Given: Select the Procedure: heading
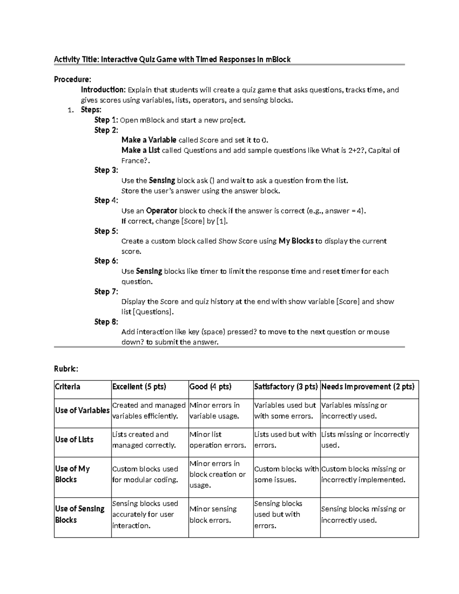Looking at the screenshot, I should pos(72,80).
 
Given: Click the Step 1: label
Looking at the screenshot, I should pos(106,120).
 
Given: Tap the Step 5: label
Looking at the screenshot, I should pos(106,231).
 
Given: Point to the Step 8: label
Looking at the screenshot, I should pos(106,322).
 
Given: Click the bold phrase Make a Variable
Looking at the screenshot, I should pos(149,140).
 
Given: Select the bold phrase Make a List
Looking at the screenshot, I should pos(140,150).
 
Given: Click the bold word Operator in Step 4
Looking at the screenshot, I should pos(162,211).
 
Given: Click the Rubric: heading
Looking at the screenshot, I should pos(66,369).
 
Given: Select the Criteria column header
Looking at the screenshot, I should pos(68,387).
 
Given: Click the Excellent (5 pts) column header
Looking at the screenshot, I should pos(139,387).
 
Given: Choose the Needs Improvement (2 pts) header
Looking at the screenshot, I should pos(368,387).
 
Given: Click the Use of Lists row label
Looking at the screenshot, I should pos(74,439).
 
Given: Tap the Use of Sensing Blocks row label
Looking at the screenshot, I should pos(80,514).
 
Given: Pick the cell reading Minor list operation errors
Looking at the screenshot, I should pos(218,440).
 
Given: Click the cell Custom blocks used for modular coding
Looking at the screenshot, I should pos(145,474).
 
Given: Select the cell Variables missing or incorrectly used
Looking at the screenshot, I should pos(354,410).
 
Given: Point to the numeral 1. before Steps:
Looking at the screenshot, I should pos(70,110).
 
